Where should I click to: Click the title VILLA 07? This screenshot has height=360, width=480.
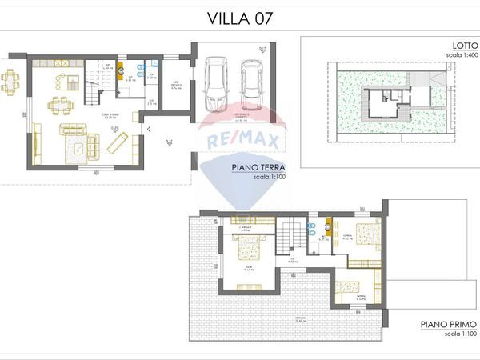pyautogui.click(x=240, y=18)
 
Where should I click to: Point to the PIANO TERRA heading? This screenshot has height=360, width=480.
pyautogui.click(x=255, y=168)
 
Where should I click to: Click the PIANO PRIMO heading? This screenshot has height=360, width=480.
pyautogui.click(x=449, y=326)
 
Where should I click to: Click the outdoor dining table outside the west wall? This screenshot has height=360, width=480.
pyautogui.click(x=11, y=81)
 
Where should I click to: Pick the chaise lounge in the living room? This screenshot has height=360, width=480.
pyautogui.click(x=118, y=142)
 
